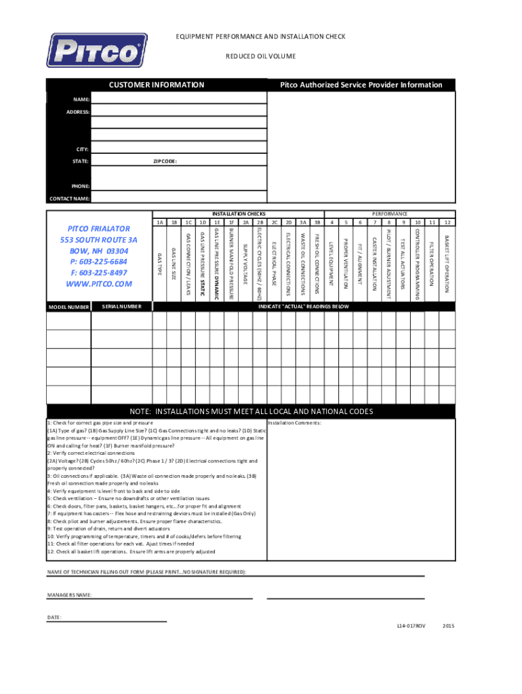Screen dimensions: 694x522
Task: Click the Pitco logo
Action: click(x=96, y=52)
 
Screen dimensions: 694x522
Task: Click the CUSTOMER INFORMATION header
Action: click(x=157, y=85)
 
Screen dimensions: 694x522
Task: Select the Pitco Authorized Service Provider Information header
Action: click(x=361, y=85)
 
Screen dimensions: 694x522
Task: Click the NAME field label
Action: click(x=81, y=99)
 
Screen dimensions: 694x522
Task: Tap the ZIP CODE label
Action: click(x=165, y=161)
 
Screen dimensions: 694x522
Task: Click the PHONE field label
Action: click(x=80, y=185)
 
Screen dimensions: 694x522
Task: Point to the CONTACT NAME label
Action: click(x=69, y=199)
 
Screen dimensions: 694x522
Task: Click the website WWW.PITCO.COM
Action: click(x=98, y=283)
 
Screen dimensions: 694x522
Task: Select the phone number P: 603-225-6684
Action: click(x=99, y=262)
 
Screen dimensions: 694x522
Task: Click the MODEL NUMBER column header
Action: click(x=68, y=307)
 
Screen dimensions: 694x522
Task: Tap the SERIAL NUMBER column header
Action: click(x=121, y=306)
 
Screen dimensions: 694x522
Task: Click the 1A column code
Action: click(x=159, y=222)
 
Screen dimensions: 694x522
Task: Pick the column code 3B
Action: click(x=317, y=222)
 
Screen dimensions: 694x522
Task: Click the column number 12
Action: click(x=447, y=222)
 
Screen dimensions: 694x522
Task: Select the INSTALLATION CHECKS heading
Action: click(x=239, y=213)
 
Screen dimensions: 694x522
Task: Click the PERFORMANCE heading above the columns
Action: click(x=390, y=213)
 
